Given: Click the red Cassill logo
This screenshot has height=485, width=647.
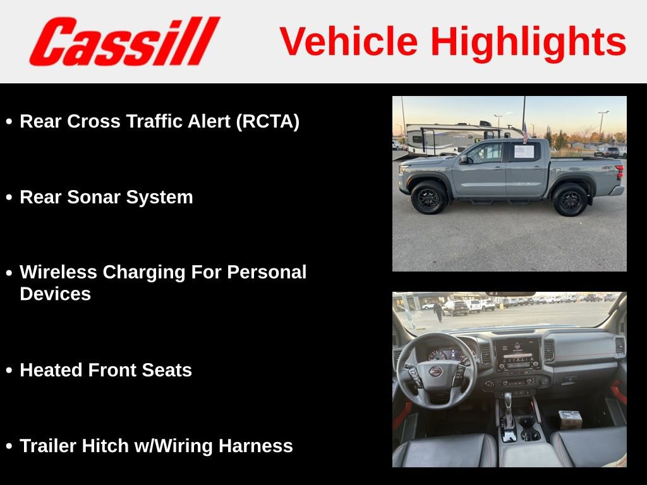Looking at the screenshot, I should coord(124,42).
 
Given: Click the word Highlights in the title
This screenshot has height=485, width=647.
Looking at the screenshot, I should coord(528,42).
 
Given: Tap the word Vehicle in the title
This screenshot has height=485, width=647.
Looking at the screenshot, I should coord(349,42).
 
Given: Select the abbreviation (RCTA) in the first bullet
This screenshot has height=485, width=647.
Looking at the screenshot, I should coord(267,121).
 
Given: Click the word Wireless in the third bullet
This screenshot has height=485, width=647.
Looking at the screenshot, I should coord(58,272).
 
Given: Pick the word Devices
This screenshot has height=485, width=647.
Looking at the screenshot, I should coord(56,294).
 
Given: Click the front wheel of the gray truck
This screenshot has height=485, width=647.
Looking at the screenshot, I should coord(429,198).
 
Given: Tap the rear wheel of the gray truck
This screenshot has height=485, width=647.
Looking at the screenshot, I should coord(570,200).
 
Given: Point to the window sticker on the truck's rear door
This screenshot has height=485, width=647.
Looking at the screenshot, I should coord(524,152).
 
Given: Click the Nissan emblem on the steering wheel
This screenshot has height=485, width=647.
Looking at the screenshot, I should coord(436,371).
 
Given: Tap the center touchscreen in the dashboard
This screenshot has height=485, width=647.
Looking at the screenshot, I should coord(516,354).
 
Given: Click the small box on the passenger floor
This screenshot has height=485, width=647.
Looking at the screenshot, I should coord(570,419).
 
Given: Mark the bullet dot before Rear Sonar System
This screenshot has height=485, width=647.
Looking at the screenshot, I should coord(9,198).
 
